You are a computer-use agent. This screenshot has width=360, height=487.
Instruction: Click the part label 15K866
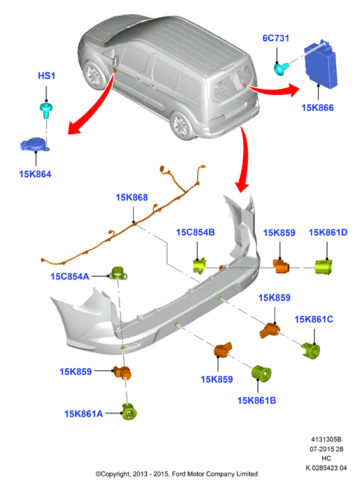(318, 107)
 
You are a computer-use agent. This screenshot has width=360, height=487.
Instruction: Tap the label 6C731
(276, 38)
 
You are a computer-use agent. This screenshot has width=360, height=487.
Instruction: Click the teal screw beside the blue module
(281, 68)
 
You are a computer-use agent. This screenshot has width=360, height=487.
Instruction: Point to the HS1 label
(46, 76)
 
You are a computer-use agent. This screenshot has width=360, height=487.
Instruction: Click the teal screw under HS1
(46, 110)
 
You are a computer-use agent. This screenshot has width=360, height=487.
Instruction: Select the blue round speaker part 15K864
(34, 145)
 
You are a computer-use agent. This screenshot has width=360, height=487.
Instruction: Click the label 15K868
(131, 197)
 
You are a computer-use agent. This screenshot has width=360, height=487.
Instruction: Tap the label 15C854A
(70, 277)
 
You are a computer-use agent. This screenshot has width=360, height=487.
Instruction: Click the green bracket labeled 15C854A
(118, 273)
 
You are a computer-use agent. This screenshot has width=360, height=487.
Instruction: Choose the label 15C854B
(195, 232)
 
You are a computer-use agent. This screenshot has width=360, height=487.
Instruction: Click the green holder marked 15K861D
(324, 267)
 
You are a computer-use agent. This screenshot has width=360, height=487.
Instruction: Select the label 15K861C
(314, 319)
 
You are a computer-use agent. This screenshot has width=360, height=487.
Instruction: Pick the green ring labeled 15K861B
(261, 373)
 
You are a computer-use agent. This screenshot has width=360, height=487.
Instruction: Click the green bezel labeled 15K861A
(129, 412)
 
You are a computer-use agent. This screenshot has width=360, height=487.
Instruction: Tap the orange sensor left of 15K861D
(281, 267)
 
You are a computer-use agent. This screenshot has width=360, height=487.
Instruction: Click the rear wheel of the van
(181, 126)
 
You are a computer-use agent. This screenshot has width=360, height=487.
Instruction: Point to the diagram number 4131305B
(326, 439)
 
